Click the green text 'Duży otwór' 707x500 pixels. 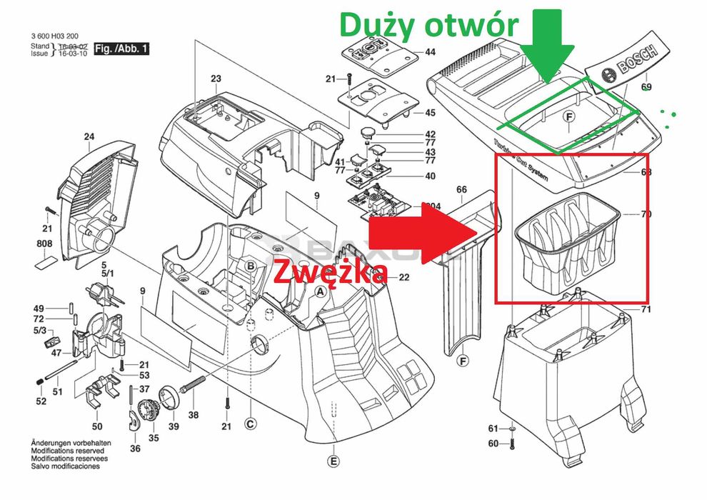(x=428, y=24)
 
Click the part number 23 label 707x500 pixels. (x=216, y=79)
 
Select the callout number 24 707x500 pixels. (x=89, y=136)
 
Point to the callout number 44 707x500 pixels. (x=430, y=52)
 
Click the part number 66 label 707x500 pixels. (x=461, y=189)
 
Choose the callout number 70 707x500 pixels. (x=628, y=214)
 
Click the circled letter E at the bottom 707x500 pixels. (x=334, y=461)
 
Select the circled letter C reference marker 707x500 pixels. (x=250, y=424)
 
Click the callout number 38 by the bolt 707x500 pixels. (x=194, y=415)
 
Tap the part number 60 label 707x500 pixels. (x=492, y=444)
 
